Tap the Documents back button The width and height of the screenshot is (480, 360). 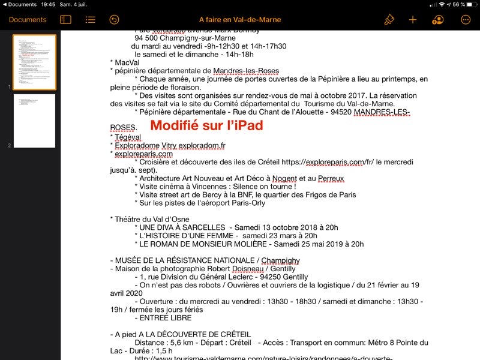point(28,20)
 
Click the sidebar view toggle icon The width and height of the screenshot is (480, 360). point(65,20)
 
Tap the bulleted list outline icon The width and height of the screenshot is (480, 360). point(90,20)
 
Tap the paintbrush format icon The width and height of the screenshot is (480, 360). point(389,20)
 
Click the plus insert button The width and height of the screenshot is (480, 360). point(413,20)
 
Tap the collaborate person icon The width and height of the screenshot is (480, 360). point(437,20)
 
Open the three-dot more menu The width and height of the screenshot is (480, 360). point(466,20)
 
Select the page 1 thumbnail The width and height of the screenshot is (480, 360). point(34,62)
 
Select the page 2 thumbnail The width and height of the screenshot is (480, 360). point(34,121)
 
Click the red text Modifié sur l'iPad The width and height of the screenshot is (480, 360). point(206,126)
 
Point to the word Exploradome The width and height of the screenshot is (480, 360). point(137,145)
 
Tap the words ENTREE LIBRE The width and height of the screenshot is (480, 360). point(166,318)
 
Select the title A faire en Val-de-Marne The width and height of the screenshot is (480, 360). point(239,20)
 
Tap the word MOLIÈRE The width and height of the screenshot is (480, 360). point(242,244)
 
